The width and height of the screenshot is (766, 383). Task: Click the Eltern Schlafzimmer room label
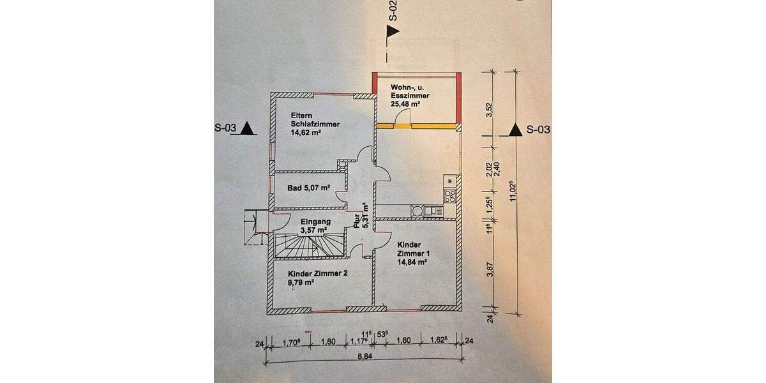pyautogui.click(x=304, y=124)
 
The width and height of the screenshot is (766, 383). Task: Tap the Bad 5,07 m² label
pyautogui.click(x=308, y=188)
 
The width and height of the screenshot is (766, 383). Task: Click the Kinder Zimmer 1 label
pyautogui.click(x=412, y=253)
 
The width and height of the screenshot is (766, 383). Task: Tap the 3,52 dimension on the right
pyautogui.click(x=489, y=106)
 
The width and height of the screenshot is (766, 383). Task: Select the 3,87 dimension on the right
pyautogui.click(x=489, y=272)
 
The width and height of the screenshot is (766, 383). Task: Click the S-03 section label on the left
pyautogui.click(x=226, y=128)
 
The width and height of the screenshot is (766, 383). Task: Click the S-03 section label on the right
pyautogui.click(x=537, y=130)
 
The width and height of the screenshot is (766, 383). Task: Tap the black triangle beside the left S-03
pyautogui.click(x=248, y=129)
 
